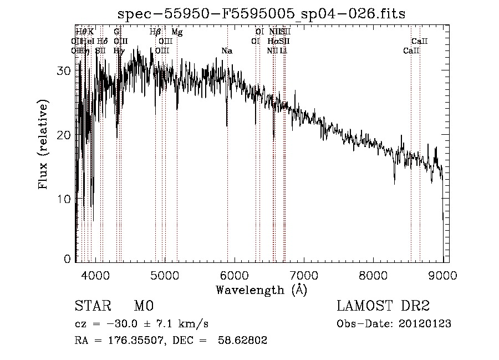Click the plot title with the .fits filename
pyautogui.click(x=262, y=14)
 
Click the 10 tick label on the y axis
pyautogui.click(x=64, y=199)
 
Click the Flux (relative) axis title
pyautogui.click(x=43, y=144)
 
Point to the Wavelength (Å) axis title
pyautogui.click(x=261, y=290)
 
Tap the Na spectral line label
pyautogui.click(x=227, y=51)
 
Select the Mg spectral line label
pyautogui.click(x=177, y=32)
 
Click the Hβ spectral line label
pyautogui.click(x=155, y=32)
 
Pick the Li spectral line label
pyautogui.click(x=283, y=51)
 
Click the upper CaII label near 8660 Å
pyautogui.click(x=420, y=41)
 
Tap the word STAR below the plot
pyautogui.click(x=92, y=306)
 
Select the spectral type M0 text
pyautogui.click(x=143, y=306)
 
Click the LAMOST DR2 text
pyautogui.click(x=383, y=306)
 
